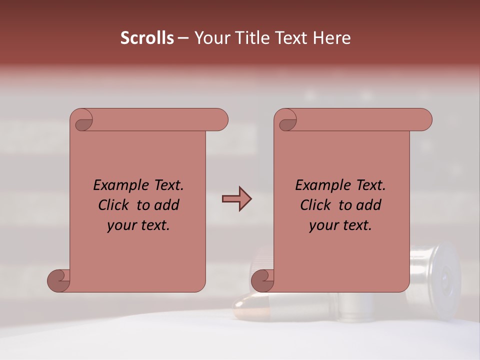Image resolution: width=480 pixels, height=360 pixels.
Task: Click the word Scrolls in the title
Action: point(147,38)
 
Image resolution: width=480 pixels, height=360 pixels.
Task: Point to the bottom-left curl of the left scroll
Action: point(58,280)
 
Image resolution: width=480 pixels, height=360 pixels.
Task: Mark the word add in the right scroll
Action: point(369,205)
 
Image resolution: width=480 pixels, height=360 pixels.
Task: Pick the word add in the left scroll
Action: point(167,205)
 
